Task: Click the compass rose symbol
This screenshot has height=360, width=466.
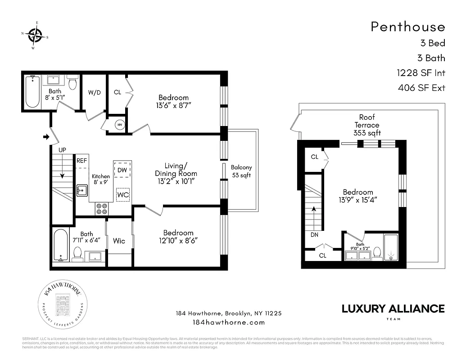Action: pos(35,34)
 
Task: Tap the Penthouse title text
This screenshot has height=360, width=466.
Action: pos(407,27)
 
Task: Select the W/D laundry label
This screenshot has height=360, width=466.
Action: pos(94,92)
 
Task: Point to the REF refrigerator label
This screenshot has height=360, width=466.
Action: pos(81,160)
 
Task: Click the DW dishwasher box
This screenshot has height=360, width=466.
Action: pos(122,170)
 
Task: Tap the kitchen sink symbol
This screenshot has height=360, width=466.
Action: pos(81,190)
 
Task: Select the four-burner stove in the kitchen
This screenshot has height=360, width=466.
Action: pos(102,208)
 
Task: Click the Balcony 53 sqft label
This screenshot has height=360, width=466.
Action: pos(241,171)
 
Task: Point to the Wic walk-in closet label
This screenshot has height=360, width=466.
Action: pos(119,241)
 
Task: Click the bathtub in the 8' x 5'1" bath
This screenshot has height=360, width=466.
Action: pos(32,92)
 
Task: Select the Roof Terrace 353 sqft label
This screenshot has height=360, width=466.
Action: pos(367,125)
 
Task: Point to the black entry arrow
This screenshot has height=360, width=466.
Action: pos(45,136)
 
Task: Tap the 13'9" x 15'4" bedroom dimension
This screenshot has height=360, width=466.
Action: pos(358,200)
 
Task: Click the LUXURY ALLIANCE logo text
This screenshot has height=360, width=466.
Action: pos(393,309)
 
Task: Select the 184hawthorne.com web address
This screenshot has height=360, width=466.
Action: pos(228,322)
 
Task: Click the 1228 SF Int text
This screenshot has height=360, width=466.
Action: pos(421,72)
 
